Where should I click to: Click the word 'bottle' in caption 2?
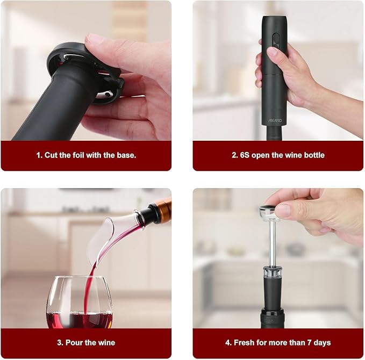coord(313,155)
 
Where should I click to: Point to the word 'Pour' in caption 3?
coord(75,343)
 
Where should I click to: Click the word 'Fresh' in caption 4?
coord(249,343)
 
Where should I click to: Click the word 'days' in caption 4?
coord(323,343)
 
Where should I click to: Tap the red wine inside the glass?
coord(79,319)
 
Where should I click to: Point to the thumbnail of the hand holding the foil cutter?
coord(86,70)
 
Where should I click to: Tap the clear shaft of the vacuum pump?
coord(272,242)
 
